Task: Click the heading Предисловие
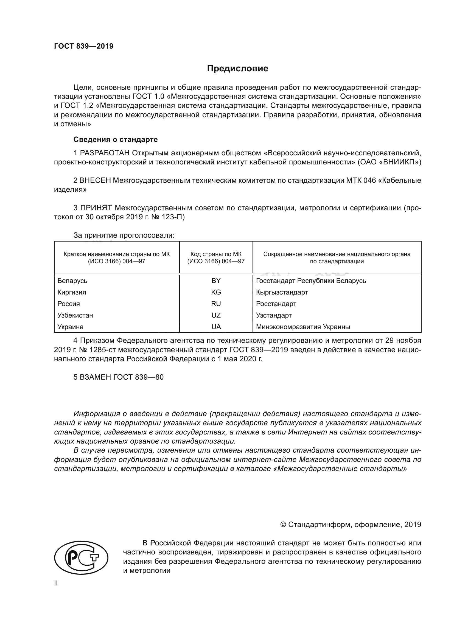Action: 237,69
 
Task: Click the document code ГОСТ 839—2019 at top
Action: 84,46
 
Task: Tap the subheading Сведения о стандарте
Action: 116,139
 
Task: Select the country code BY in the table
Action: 216,281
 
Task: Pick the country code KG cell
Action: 216,292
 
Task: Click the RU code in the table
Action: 216,304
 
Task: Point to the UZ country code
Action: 216,315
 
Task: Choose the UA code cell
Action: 216,327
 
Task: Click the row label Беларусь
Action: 72,281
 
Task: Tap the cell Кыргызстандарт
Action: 282,292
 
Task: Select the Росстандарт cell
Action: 276,304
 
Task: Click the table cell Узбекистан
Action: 75,315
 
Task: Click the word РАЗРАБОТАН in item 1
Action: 105,153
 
